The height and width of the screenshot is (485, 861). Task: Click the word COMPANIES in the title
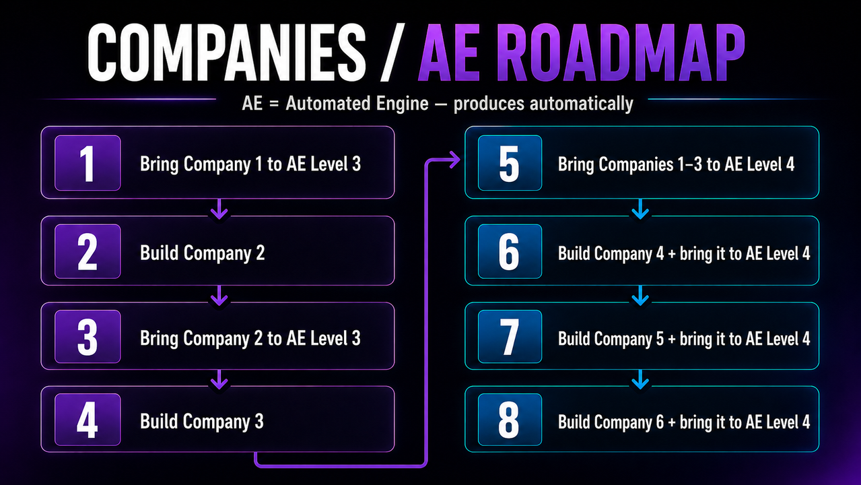pyautogui.click(x=227, y=53)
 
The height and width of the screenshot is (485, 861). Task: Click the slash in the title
pyautogui.click(x=393, y=53)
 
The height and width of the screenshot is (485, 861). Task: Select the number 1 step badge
pyautogui.click(x=88, y=163)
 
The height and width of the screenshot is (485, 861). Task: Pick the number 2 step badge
pyautogui.click(x=88, y=251)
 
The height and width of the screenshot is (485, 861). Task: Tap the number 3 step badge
pyautogui.click(x=88, y=337)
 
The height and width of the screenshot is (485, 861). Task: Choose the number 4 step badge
pyautogui.click(x=88, y=420)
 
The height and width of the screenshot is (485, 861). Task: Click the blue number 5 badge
pyautogui.click(x=510, y=163)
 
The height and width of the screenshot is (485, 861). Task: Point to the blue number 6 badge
pyautogui.click(x=510, y=251)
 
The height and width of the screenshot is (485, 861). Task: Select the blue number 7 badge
pyautogui.click(x=510, y=337)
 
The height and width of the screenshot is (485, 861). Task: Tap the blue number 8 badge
pyautogui.click(x=510, y=420)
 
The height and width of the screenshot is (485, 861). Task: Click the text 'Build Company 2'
pyautogui.click(x=202, y=253)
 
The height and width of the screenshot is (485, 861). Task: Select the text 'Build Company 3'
pyautogui.click(x=202, y=422)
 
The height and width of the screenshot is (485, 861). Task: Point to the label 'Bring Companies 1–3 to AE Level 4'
pyautogui.click(x=676, y=164)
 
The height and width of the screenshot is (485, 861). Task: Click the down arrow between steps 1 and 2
pyautogui.click(x=219, y=209)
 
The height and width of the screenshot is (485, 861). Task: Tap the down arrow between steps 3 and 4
pyautogui.click(x=219, y=380)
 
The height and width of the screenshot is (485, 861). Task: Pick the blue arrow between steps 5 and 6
pyautogui.click(x=640, y=209)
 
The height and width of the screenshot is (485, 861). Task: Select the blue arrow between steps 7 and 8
pyautogui.click(x=640, y=380)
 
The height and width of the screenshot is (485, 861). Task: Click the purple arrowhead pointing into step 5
pyautogui.click(x=455, y=160)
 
